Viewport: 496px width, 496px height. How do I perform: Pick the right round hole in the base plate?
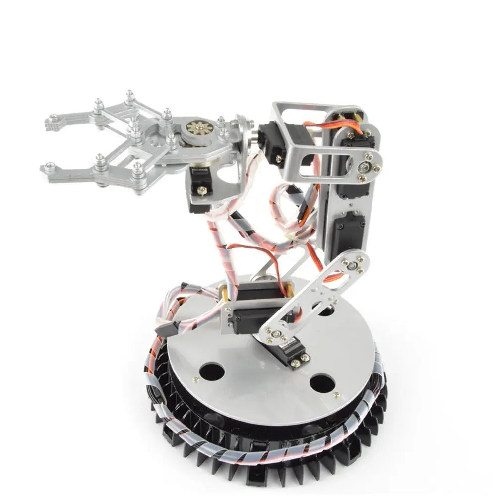(322, 383)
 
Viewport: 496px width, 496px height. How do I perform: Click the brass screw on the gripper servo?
(202, 189)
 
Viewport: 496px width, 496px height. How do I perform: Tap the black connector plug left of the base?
(164, 329)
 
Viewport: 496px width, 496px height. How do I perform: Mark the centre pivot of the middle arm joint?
(352, 265)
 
